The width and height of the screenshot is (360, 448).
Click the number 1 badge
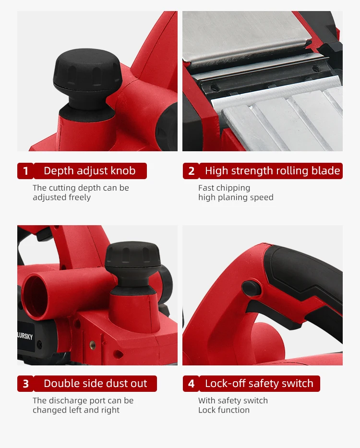pos(25,171)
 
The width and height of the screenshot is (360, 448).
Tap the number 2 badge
pos(191,171)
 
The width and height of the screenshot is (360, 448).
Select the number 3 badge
pos(25,384)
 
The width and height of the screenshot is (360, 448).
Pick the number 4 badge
pos(191,384)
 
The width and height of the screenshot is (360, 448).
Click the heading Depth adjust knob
pos(90,171)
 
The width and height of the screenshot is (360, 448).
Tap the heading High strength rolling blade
pos(272,171)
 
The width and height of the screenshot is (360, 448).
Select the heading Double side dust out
pos(95,384)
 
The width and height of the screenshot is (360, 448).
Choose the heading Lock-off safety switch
pos(259,384)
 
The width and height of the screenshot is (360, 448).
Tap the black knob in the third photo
pos(132,262)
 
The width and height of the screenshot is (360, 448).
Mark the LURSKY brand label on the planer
pos(25,337)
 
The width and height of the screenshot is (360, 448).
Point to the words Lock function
pos(224,410)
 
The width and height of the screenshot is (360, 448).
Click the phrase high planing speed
pos(236,197)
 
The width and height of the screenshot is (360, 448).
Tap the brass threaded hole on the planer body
pos(93,345)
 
